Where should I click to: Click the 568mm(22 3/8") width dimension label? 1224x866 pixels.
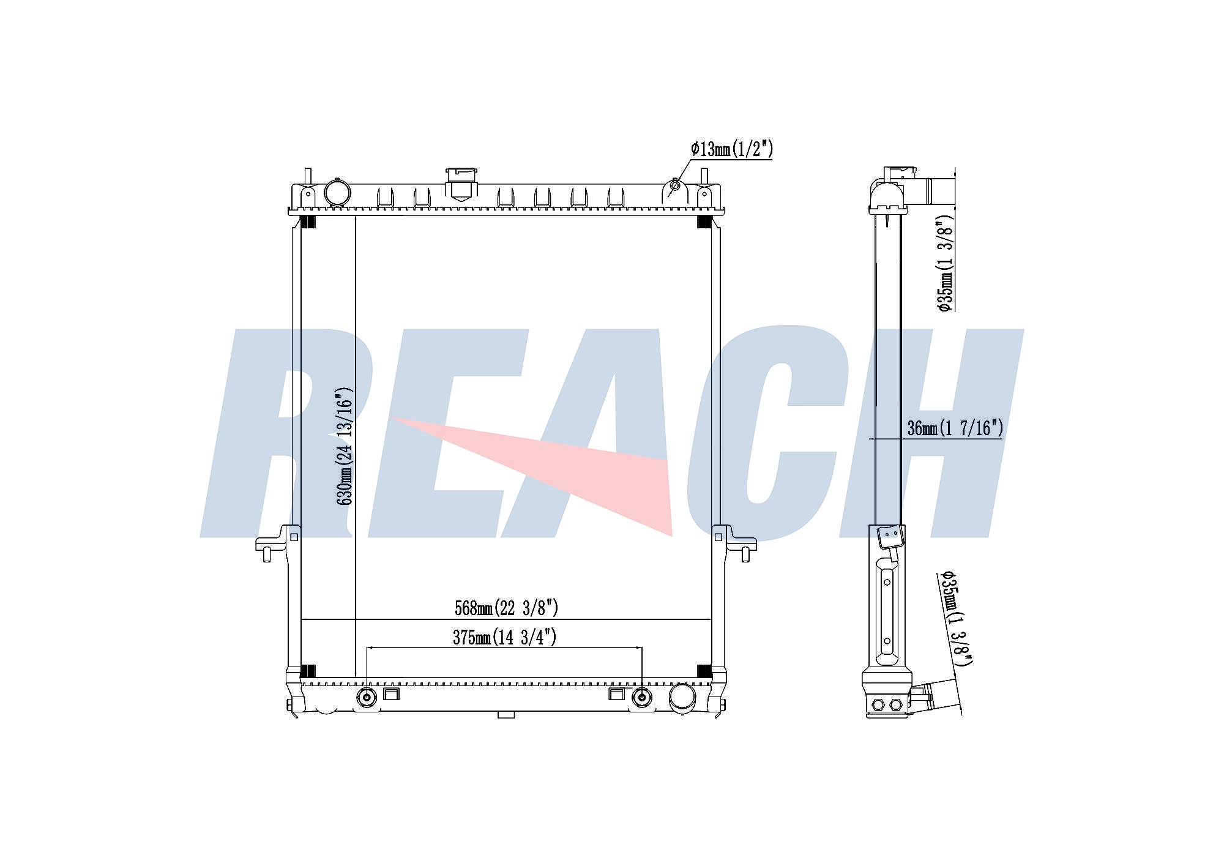tap(506, 608)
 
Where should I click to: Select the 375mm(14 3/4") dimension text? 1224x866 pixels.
tap(504, 637)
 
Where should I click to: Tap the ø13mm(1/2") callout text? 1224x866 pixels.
tap(732, 149)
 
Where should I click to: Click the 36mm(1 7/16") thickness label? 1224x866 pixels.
tap(955, 428)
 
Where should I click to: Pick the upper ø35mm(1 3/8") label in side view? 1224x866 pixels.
tap(946, 263)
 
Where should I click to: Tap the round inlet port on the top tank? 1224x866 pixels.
tap(337, 192)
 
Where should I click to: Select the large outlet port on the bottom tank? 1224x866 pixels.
tap(682, 697)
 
